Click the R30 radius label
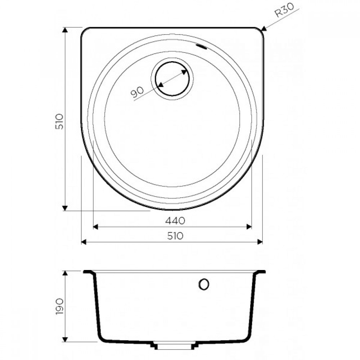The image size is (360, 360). (x=284, y=10)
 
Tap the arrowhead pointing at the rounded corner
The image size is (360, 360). (x=264, y=28)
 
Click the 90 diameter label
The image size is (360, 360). (x=137, y=92)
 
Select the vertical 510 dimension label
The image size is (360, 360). (x=59, y=121)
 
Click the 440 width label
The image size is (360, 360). (x=175, y=221)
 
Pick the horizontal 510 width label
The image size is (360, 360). (x=175, y=236)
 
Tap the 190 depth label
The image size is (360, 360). (x=59, y=306)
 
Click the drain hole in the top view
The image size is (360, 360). (x=172, y=79)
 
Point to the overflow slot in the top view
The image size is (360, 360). (x=202, y=46)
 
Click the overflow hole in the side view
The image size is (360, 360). (x=204, y=284)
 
